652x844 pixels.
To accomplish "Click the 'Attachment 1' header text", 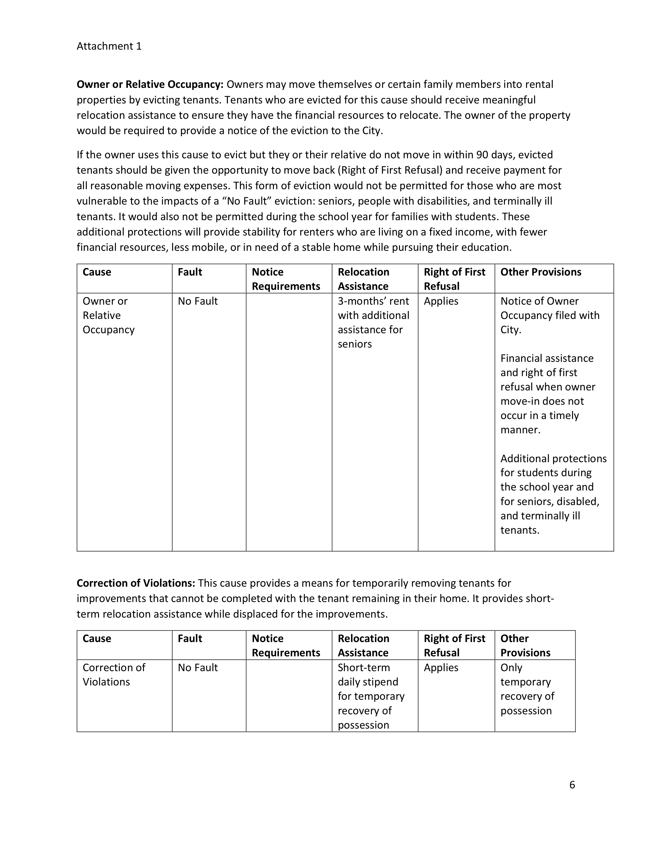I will click(x=109, y=46).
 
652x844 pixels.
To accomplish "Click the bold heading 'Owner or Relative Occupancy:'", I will click(x=150, y=84).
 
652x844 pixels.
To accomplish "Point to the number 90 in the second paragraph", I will click(x=482, y=155).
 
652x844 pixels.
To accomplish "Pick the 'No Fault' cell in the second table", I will click(x=198, y=668).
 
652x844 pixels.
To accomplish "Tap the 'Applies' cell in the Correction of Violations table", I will click(x=441, y=668).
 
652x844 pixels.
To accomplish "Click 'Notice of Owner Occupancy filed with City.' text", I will click(x=550, y=315).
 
